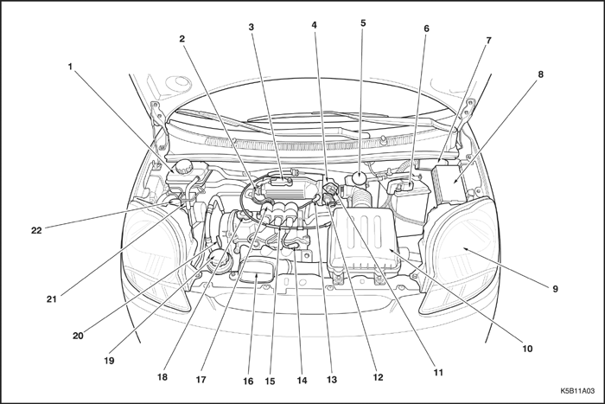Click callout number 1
click(70, 67)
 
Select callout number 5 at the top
click(363, 23)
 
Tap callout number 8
click(540, 74)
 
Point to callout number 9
click(555, 289)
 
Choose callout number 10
click(527, 349)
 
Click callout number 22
click(36, 231)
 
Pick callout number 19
click(109, 361)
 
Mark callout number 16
click(248, 382)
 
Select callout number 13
click(331, 380)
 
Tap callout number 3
click(252, 27)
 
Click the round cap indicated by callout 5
click(360, 178)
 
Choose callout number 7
click(488, 40)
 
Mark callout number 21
click(52, 299)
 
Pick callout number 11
click(438, 373)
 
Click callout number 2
click(181, 39)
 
